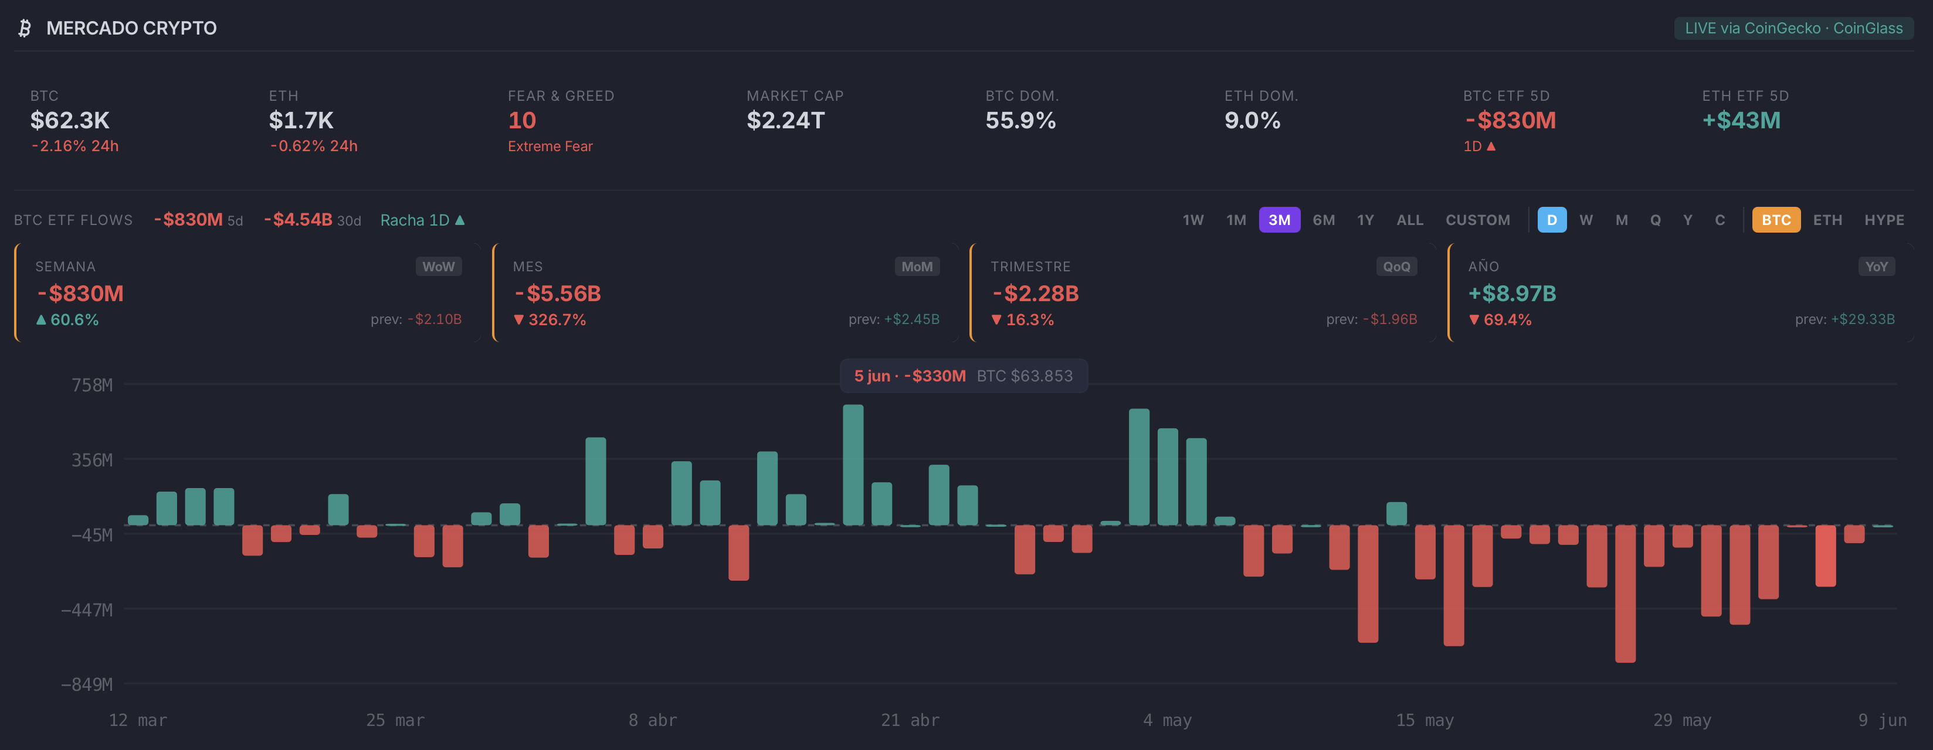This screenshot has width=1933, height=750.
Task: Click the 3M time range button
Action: pos(1280,220)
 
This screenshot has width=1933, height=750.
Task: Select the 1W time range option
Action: pos(1193,220)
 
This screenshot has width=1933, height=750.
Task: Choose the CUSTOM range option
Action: pos(1477,220)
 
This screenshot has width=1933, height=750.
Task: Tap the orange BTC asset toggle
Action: pos(1776,220)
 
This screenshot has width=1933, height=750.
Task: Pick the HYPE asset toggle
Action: pos(1884,220)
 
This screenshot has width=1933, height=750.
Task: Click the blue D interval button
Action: pos(1552,220)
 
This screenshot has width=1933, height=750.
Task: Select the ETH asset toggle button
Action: pos(1827,220)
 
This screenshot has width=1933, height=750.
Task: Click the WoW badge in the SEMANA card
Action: pos(438,266)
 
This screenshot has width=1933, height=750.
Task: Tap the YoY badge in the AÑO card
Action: pos(1876,266)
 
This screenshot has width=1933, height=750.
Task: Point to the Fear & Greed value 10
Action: pos(523,120)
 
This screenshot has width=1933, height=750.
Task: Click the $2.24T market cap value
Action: pos(786,120)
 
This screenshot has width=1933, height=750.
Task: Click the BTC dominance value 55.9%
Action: pos(1020,120)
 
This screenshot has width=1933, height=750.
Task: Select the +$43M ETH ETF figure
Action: pos(1741,120)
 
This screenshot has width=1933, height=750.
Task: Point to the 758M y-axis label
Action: pos(92,385)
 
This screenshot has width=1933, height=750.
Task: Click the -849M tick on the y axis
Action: pos(87,684)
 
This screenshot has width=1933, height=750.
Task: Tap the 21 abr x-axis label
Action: pos(910,720)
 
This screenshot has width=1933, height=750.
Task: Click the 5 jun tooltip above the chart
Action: pos(964,376)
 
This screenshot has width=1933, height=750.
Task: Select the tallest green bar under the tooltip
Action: pos(853,465)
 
